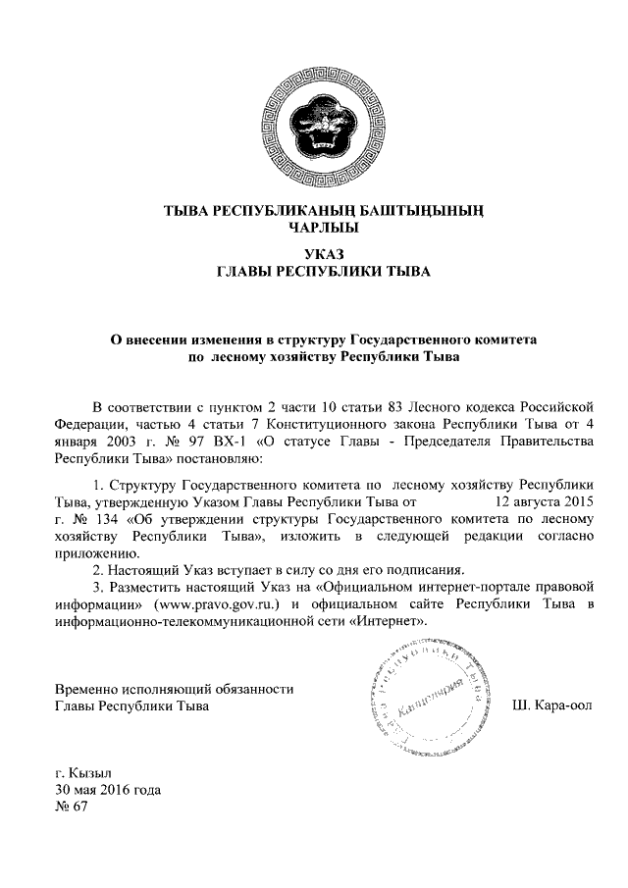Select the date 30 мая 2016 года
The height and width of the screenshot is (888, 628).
[107, 789]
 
